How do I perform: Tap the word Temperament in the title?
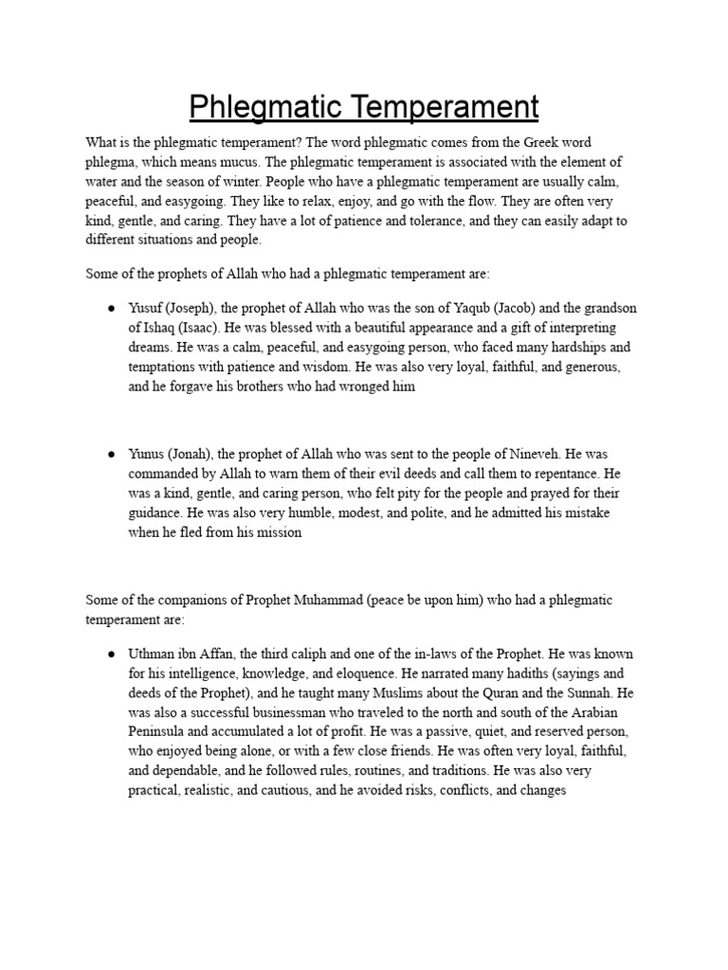444,106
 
